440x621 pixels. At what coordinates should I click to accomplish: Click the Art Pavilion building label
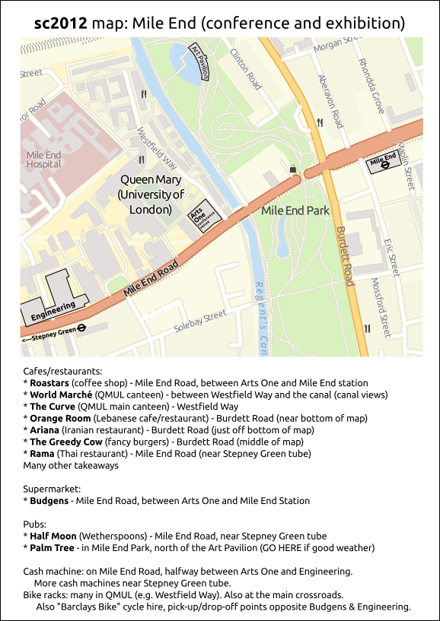[x=201, y=61]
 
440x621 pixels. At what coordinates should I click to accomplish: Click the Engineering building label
[x=53, y=311]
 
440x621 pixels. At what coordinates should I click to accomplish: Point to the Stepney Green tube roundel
[x=82, y=329]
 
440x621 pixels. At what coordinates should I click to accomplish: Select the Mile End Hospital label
[x=43, y=159]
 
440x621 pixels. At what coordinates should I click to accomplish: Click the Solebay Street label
[x=200, y=321]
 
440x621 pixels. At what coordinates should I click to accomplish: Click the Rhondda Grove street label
[x=372, y=85]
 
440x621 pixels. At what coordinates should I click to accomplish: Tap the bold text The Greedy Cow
[x=65, y=442]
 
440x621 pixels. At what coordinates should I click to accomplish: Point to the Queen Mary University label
[x=151, y=194]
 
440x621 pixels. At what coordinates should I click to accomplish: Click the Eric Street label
[x=391, y=258]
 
